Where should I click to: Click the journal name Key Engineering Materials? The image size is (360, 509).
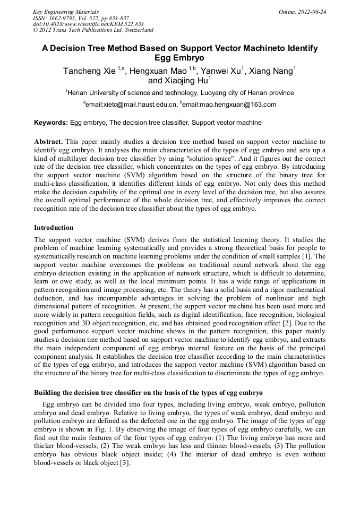pyautogui.click(x=66, y=12)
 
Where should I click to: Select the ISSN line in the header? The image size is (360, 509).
pyautogui.click(x=81, y=18)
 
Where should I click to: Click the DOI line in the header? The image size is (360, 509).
pyautogui.click(x=88, y=24)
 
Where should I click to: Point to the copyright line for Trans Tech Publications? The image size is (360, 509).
pyautogui.click(x=93, y=31)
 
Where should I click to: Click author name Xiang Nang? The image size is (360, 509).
pyautogui.click(x=272, y=71)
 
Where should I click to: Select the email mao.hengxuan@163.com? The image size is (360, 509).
pyautogui.click(x=230, y=105)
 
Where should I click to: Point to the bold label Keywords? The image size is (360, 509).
pyautogui.click(x=51, y=123)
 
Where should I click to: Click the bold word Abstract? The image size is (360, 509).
pyautogui.click(x=48, y=142)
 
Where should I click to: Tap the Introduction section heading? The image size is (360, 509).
pyautogui.click(x=54, y=228)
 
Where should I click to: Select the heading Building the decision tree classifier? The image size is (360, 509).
pyautogui.click(x=148, y=393)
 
